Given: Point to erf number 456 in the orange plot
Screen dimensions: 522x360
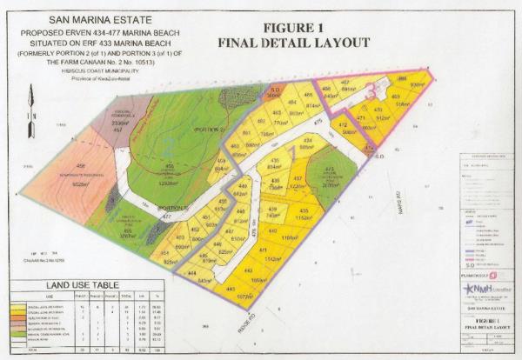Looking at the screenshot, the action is (x=57, y=166).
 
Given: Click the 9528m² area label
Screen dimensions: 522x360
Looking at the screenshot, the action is (x=59, y=184).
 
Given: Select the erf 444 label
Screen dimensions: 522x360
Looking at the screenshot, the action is (x=203, y=272).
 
